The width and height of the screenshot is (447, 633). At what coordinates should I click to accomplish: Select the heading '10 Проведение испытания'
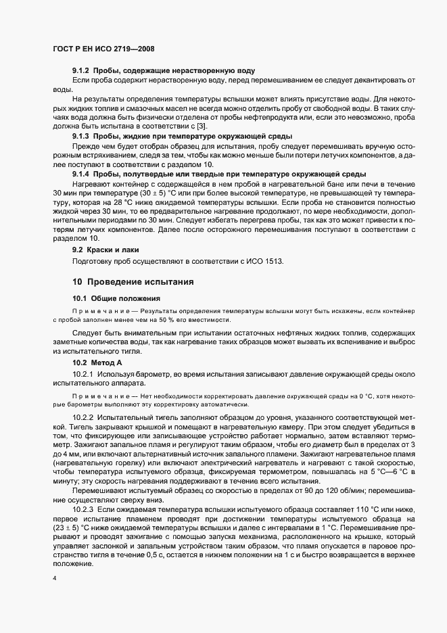click(x=123, y=280)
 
